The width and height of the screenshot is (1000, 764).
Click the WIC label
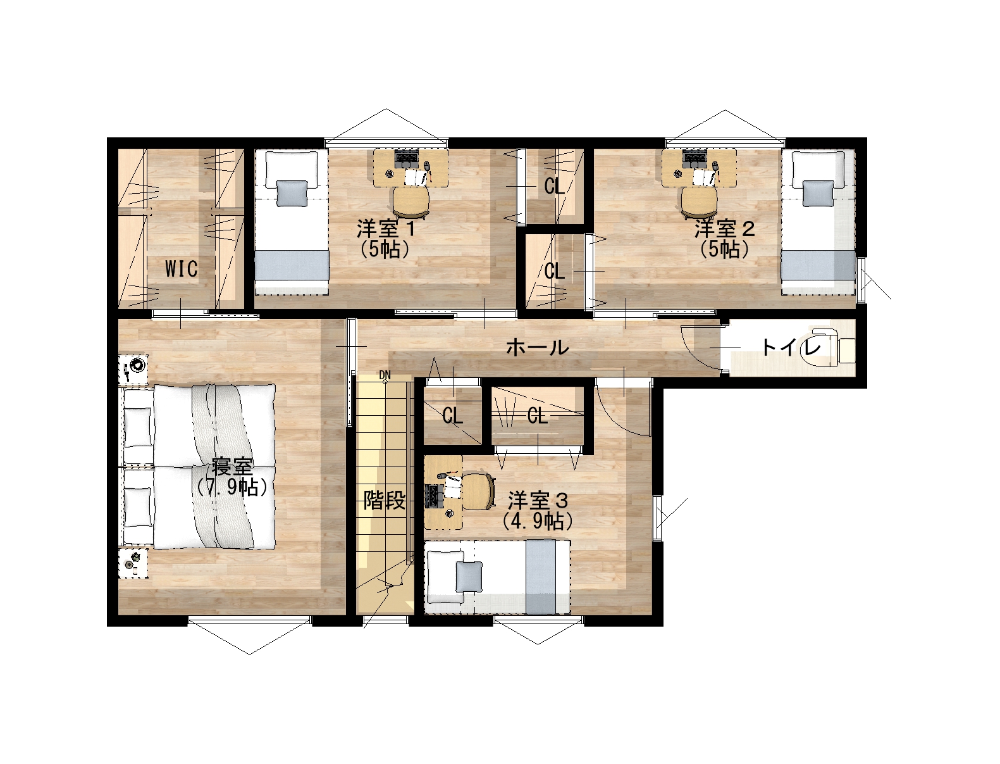182,268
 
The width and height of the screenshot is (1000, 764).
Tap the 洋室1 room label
386,229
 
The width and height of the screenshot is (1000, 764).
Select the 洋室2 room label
724,229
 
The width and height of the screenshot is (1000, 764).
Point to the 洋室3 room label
538,501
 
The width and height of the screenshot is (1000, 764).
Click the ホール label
538,348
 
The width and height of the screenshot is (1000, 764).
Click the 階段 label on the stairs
384,501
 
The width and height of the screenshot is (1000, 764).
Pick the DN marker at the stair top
385,375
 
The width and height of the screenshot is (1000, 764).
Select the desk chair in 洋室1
411,203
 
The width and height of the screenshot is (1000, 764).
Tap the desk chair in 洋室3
478,491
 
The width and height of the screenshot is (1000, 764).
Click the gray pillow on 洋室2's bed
818,194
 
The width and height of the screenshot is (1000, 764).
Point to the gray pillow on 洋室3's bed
469,576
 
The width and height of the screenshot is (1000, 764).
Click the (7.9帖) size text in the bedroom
232,488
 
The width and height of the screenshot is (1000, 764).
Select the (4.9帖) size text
538,521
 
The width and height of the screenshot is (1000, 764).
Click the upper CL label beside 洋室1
555,187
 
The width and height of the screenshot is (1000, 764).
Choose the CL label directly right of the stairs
452,416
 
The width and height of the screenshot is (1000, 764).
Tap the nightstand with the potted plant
133,563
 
